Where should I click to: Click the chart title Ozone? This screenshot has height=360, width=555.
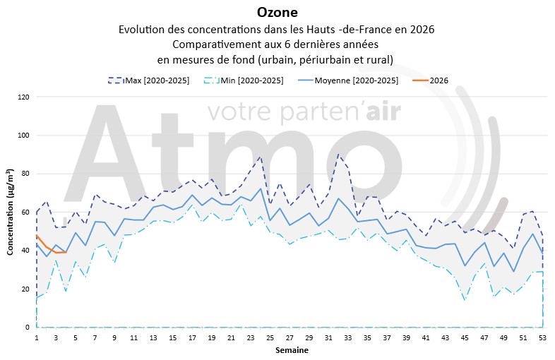(277, 12)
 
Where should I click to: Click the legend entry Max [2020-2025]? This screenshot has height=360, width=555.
(156, 80)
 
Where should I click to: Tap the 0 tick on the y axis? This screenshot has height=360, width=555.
(26, 328)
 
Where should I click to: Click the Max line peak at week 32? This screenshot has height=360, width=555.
(338, 154)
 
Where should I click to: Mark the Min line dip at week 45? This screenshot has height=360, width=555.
(465, 300)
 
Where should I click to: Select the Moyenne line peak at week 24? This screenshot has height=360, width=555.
(261, 188)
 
